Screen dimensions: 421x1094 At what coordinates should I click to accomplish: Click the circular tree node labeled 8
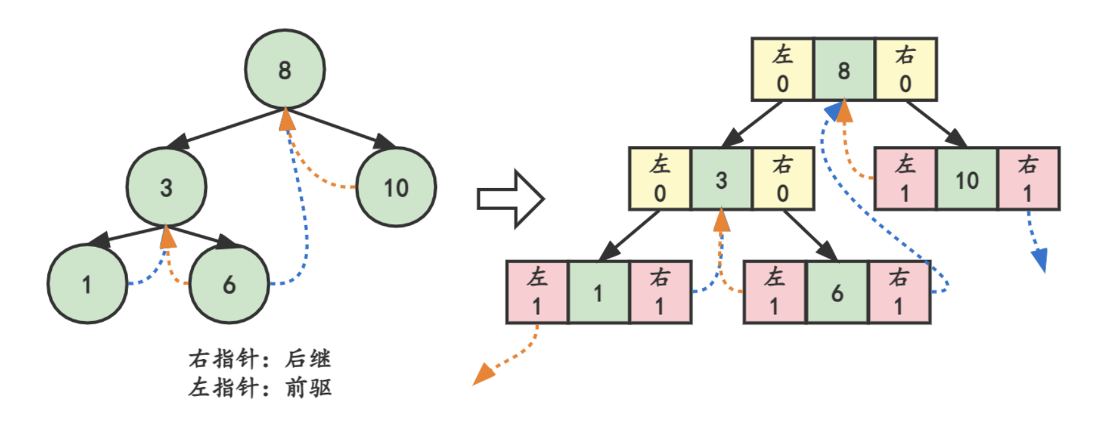[x=285, y=69]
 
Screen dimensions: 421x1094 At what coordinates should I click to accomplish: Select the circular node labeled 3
[x=167, y=187]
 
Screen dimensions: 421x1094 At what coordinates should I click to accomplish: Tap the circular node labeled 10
[x=396, y=187]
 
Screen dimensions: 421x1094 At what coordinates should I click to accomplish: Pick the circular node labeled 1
[x=87, y=283]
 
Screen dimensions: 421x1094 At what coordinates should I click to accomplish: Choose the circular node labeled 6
[x=229, y=283]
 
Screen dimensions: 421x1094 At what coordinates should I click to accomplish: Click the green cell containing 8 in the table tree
[x=844, y=70]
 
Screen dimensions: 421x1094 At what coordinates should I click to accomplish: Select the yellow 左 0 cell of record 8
[x=782, y=70]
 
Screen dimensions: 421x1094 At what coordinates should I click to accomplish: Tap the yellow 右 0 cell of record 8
[x=905, y=70]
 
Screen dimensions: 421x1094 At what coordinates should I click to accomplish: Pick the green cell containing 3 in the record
[x=721, y=179]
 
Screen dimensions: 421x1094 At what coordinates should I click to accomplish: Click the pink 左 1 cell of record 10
[x=905, y=179]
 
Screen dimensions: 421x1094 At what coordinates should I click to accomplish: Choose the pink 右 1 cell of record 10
[x=1028, y=179]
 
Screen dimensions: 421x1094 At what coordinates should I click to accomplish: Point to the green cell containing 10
[x=967, y=179]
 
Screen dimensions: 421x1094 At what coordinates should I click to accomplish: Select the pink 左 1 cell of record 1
[x=537, y=292]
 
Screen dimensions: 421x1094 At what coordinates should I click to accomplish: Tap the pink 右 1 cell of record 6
[x=899, y=292]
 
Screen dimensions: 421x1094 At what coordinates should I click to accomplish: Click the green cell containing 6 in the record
[x=837, y=292]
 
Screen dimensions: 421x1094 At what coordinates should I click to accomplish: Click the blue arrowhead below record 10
[x=1040, y=260]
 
